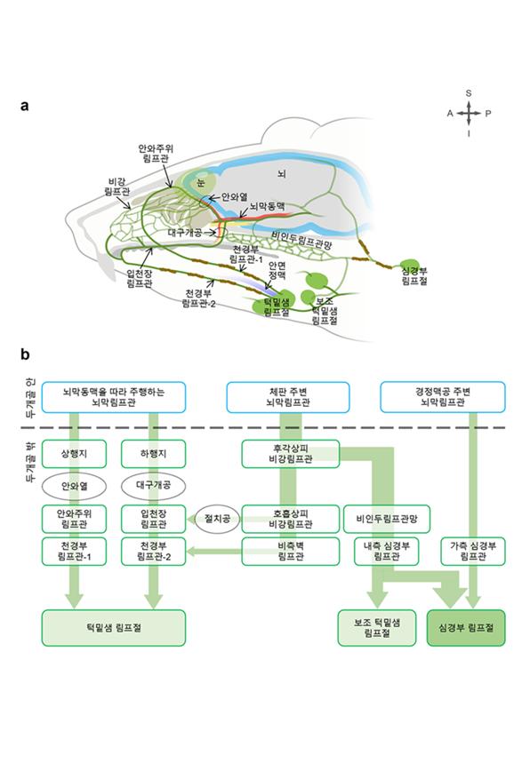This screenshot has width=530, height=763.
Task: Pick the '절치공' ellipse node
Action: [216, 518]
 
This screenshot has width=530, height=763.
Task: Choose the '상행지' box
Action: [76, 453]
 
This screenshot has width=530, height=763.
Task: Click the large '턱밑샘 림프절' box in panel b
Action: [113, 628]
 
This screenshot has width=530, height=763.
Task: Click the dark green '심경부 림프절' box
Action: [466, 628]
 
